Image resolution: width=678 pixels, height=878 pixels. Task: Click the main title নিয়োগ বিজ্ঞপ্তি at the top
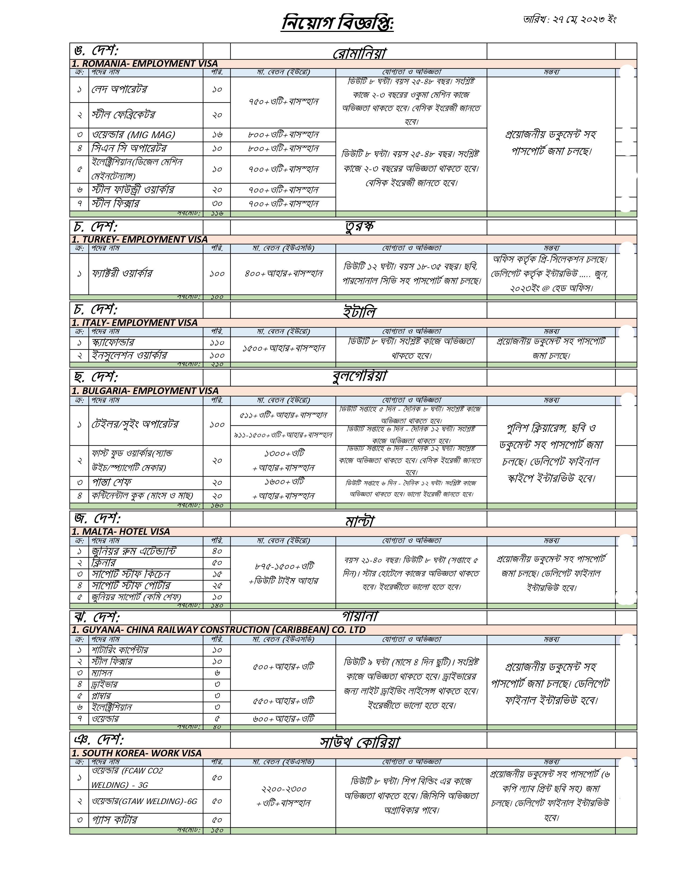(337, 23)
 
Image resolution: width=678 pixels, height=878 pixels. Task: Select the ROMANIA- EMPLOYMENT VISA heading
(145, 64)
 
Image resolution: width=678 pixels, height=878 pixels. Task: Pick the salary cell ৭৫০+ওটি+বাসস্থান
(283, 102)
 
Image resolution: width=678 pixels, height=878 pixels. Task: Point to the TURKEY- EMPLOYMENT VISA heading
(140, 240)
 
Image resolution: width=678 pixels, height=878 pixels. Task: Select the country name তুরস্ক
(359, 227)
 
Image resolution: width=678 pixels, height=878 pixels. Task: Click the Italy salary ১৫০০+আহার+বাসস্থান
(283, 348)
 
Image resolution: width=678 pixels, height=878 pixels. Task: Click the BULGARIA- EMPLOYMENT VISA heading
(145, 391)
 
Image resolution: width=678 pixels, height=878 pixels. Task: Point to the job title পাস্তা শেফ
(112, 482)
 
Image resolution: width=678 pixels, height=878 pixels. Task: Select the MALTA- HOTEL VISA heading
(121, 532)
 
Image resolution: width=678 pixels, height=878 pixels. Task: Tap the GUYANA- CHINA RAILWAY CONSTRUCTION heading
(219, 629)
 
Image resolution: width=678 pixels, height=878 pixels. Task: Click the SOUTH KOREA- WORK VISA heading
(137, 753)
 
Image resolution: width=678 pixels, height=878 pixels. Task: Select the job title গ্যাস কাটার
(115, 820)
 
